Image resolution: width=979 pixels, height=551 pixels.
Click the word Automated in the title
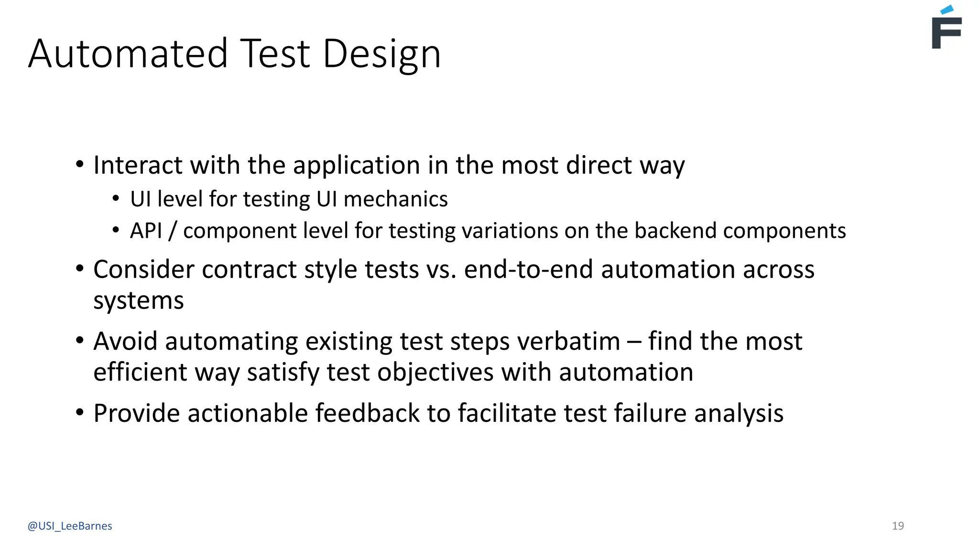pos(128,54)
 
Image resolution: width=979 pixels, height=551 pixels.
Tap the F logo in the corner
pos(946,33)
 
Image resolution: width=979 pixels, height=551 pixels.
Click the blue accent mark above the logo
pos(946,10)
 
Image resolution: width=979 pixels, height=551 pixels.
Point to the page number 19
pos(898,526)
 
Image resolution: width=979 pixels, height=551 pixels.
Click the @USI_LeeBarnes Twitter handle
pos(70,526)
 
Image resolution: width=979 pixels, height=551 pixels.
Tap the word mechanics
pos(395,199)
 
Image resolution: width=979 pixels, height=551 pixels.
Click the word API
pos(146,231)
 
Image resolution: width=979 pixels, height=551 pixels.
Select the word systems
pos(138,301)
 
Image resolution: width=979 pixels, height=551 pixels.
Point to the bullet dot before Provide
pos(80,412)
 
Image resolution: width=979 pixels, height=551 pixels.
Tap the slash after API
pos(173,231)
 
